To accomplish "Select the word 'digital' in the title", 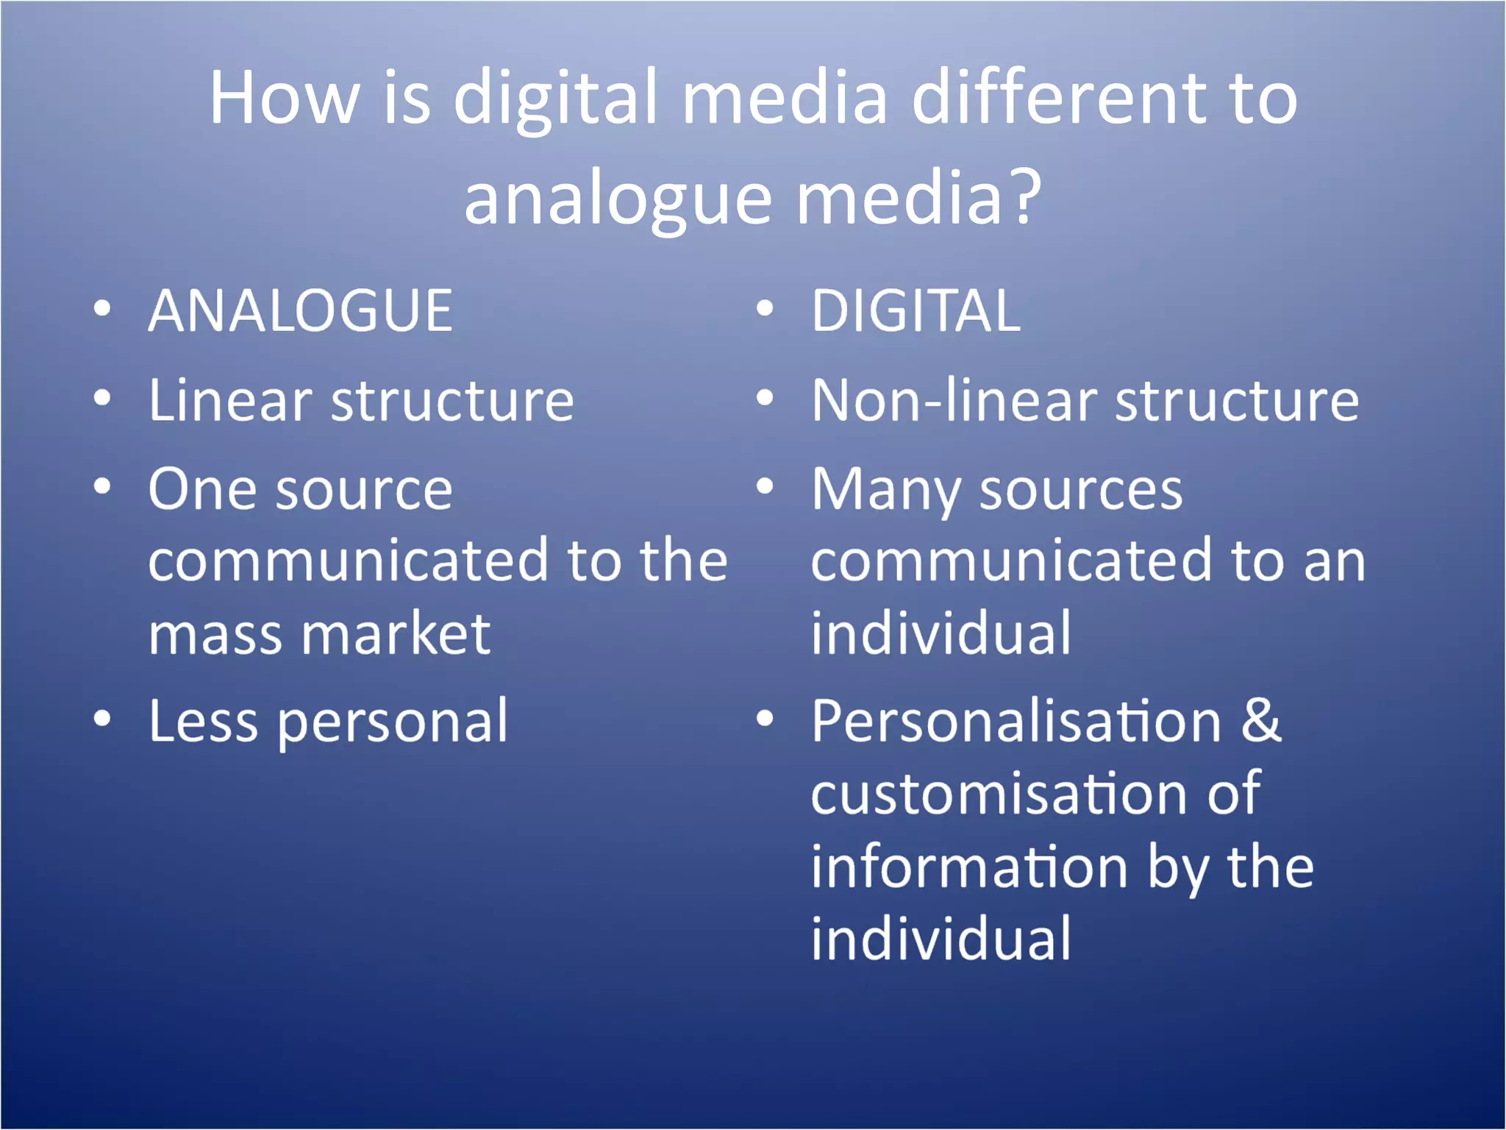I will (555, 99).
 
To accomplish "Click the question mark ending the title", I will (1025, 196).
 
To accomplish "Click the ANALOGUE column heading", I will (300, 311).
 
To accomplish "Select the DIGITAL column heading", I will (916, 311).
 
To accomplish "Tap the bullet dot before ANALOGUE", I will (103, 309).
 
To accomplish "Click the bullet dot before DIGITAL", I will (765, 309).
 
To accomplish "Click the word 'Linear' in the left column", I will (230, 401).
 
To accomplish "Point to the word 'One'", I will (200, 490).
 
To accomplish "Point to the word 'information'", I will (969, 867).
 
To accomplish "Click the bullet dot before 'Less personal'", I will (103, 719).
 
